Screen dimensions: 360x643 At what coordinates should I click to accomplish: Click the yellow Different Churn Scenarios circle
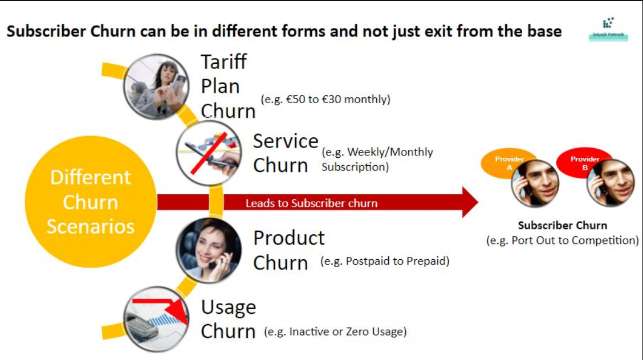91,202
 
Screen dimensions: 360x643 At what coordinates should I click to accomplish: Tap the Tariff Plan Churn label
227,86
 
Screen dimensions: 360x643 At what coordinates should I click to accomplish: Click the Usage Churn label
228,319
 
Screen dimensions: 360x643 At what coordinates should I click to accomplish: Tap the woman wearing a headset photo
207,249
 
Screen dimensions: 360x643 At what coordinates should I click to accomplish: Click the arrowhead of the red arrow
469,202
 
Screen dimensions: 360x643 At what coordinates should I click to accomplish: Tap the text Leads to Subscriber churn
311,203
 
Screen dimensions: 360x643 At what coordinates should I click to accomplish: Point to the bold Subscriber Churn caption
562,226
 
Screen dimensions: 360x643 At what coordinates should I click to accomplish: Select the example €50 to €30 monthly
325,99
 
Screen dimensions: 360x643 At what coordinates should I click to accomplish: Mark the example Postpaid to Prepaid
385,261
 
